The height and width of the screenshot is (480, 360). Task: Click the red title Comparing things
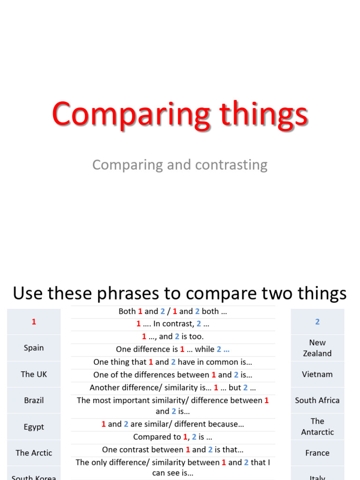pos(180,114)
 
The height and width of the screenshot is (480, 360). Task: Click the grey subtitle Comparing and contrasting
pos(180,165)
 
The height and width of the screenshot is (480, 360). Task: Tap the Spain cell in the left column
pos(34,348)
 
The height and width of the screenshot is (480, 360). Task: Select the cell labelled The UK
pos(34,374)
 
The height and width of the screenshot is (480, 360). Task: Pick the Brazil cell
pos(34,400)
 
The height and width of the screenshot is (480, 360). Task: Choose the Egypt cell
pos(34,427)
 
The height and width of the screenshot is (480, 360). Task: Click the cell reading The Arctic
pos(34,453)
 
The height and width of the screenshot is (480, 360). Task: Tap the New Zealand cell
pos(317,348)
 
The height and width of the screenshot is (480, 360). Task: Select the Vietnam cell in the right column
pos(317,374)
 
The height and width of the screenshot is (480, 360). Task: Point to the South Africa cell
pos(317,400)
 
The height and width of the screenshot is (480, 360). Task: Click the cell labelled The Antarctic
pos(317,427)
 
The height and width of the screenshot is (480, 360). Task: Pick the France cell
pos(317,453)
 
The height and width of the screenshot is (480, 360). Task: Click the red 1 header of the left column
pos(34,322)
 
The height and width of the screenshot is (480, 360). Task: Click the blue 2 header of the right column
pos(317,322)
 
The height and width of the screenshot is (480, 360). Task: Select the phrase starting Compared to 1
pos(172,437)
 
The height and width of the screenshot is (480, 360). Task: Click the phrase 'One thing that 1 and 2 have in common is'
pos(172,362)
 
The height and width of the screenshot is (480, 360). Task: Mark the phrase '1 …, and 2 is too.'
pos(172,337)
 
